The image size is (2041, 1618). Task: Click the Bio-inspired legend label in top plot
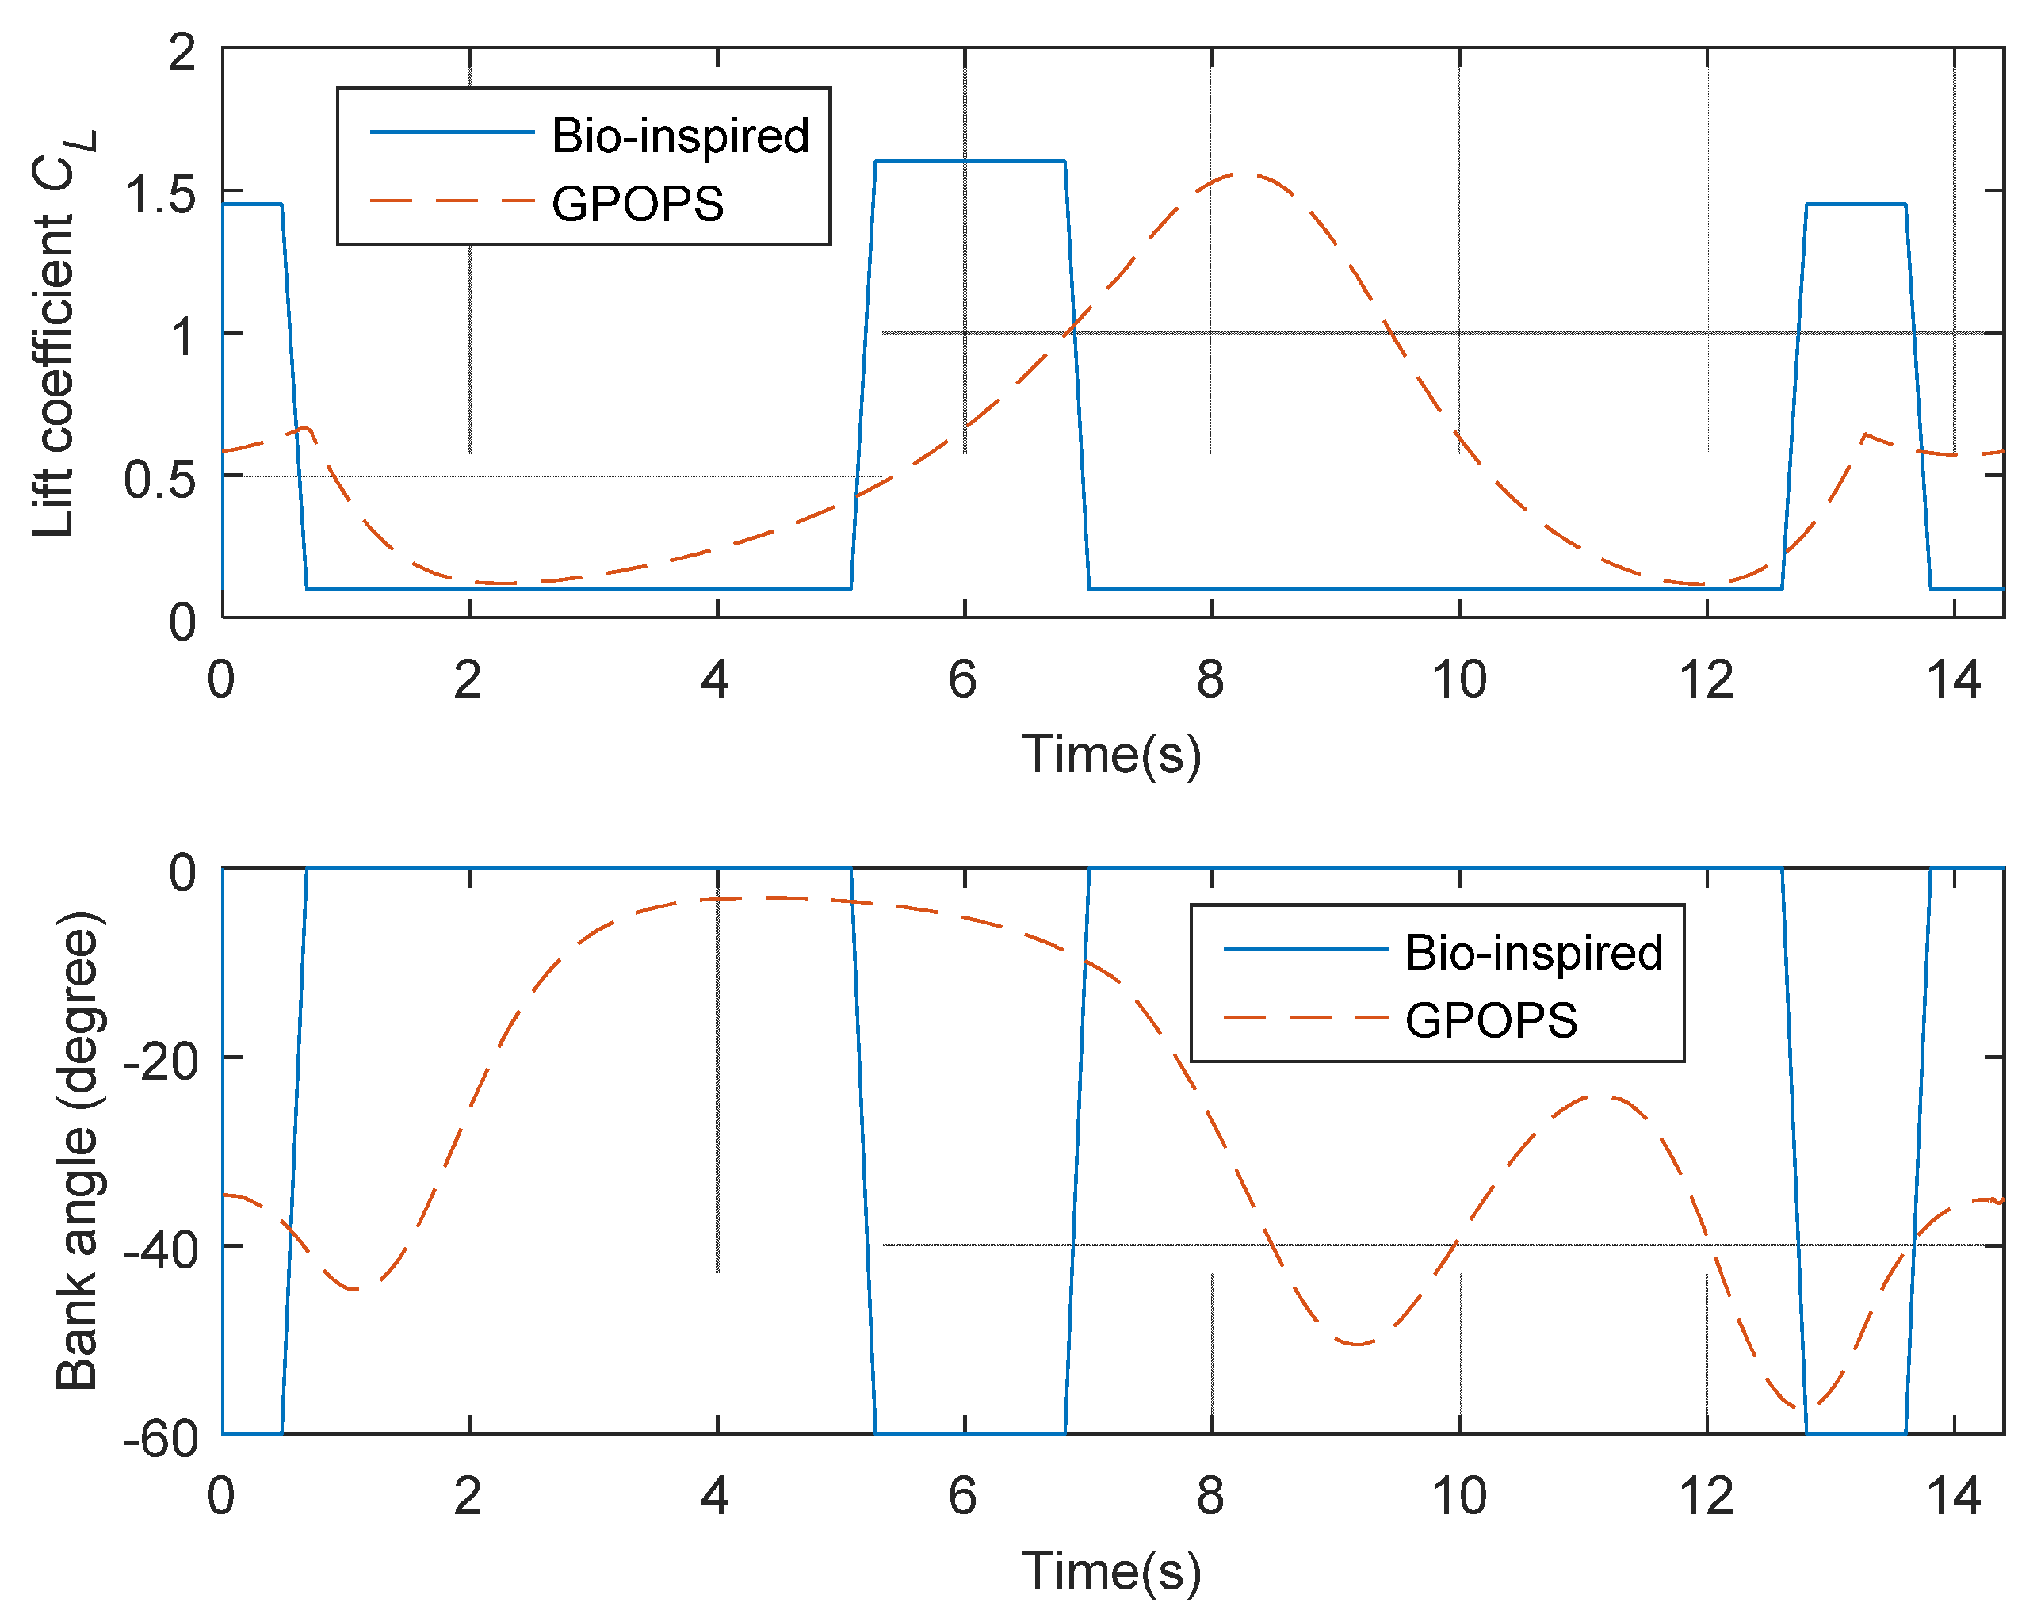point(680,136)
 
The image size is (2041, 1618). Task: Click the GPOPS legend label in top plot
point(637,204)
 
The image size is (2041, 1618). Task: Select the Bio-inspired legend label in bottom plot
point(1533,952)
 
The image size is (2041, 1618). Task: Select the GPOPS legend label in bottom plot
point(1490,1020)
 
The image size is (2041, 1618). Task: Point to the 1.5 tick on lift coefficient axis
point(160,195)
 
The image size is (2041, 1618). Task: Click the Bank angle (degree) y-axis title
point(78,1151)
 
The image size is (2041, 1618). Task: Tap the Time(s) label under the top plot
point(1111,755)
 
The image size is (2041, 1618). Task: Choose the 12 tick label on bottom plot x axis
point(1706,1497)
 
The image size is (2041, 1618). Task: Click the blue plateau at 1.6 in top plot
point(970,161)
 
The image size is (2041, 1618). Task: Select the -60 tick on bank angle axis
point(161,1438)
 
